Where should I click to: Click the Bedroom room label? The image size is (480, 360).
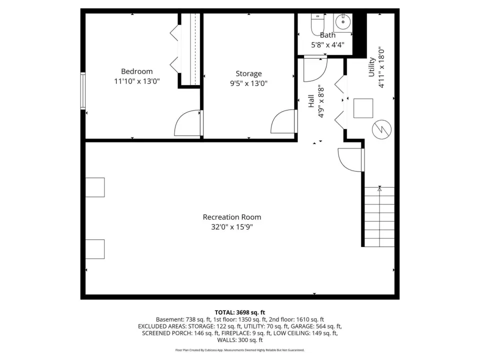137,71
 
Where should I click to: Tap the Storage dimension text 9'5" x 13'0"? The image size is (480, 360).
248,83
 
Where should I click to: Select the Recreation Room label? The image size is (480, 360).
232,217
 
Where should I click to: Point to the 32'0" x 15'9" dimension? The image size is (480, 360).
232,227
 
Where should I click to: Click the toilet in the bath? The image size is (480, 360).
317,24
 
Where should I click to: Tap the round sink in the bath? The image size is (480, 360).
343,22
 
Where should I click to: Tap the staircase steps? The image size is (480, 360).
379,216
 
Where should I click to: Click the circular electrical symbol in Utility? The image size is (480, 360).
381,129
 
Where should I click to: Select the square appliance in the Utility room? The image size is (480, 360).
363,108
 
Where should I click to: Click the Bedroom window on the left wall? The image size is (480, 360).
83,90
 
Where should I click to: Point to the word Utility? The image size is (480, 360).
371,67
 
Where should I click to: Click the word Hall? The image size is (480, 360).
311,101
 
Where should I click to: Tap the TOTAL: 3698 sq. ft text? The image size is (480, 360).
240,312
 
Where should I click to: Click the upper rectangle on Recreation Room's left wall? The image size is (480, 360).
95,187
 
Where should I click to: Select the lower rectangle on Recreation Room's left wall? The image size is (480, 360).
95,249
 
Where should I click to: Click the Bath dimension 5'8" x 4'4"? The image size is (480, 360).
327,45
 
